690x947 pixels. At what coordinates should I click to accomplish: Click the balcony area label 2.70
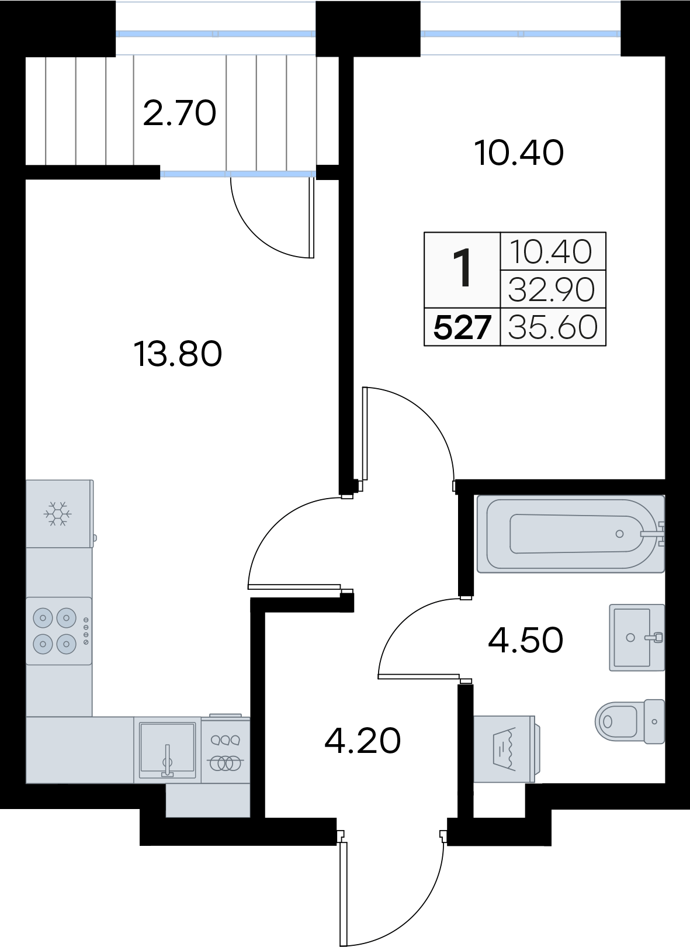pos(179,113)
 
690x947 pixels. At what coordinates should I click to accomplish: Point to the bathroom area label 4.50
pos(526,640)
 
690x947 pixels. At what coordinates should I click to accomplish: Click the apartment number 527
pos(462,327)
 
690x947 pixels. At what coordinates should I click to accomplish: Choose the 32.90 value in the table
pos(552,289)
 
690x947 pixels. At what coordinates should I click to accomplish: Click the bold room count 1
pos(462,268)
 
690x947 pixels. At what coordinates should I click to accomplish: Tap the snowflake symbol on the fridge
pos(58,514)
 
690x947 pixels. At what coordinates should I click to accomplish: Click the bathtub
pos(570,534)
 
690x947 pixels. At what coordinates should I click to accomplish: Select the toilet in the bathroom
pos(630,721)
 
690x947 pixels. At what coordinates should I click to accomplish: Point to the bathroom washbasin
pos(637,638)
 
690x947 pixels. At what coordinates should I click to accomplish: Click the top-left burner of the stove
pos(43,618)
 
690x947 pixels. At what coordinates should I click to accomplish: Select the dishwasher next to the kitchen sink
pos(226,749)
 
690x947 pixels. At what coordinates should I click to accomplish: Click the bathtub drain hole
pos(619,534)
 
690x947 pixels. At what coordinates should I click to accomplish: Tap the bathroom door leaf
pos(418,676)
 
